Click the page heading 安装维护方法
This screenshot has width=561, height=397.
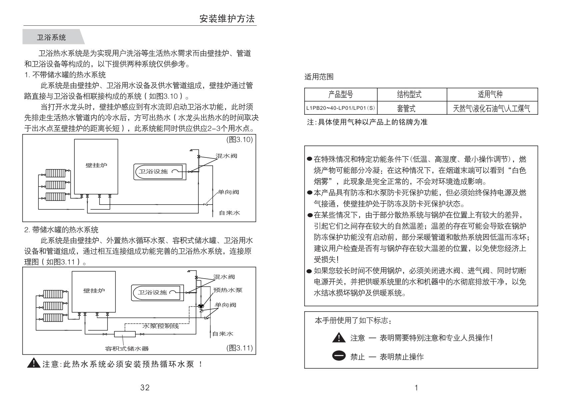pyautogui.click(x=227, y=19)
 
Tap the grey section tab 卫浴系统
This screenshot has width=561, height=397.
pyautogui.click(x=51, y=37)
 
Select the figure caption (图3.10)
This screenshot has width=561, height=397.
pyautogui.click(x=239, y=139)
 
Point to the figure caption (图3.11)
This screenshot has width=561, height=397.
pyautogui.click(x=239, y=348)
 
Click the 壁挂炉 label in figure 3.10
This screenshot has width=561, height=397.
pyautogui.click(x=96, y=165)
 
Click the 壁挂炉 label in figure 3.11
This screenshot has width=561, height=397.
pyautogui.click(x=94, y=291)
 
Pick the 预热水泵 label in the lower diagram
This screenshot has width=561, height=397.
pyautogui.click(x=228, y=290)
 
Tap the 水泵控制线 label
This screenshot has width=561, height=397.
pyautogui.click(x=161, y=326)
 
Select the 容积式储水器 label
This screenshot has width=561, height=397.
pyautogui.click(x=127, y=348)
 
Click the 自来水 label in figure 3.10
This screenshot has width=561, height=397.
pyautogui.click(x=229, y=213)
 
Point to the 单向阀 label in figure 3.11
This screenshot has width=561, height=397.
pyautogui.click(x=225, y=305)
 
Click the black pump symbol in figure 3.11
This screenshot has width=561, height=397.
pyautogui.click(x=201, y=306)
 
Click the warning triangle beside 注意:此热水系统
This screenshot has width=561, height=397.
pyautogui.click(x=34, y=363)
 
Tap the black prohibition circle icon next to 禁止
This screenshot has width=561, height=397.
pyautogui.click(x=339, y=356)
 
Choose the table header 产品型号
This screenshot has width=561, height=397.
pyautogui.click(x=341, y=94)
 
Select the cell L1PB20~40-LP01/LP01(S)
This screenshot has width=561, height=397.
pyautogui.click(x=341, y=108)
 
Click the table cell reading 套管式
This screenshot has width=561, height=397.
pyautogui.click(x=406, y=108)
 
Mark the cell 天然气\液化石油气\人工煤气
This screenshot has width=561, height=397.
pyautogui.click(x=491, y=108)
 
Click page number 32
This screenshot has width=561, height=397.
pyautogui.click(x=145, y=387)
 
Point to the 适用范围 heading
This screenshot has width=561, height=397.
pyautogui.click(x=319, y=77)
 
